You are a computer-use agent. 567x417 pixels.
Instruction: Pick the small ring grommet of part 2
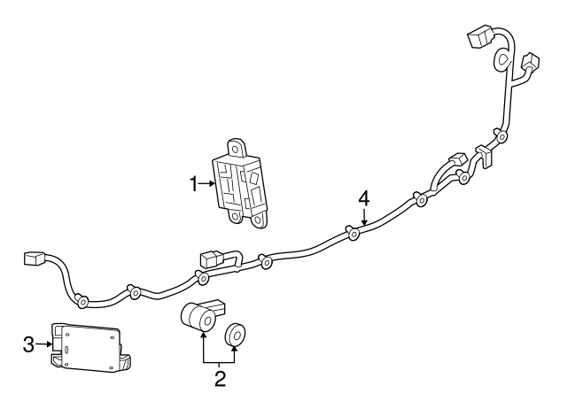237,335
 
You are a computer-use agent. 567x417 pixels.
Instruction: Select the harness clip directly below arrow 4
353,234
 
